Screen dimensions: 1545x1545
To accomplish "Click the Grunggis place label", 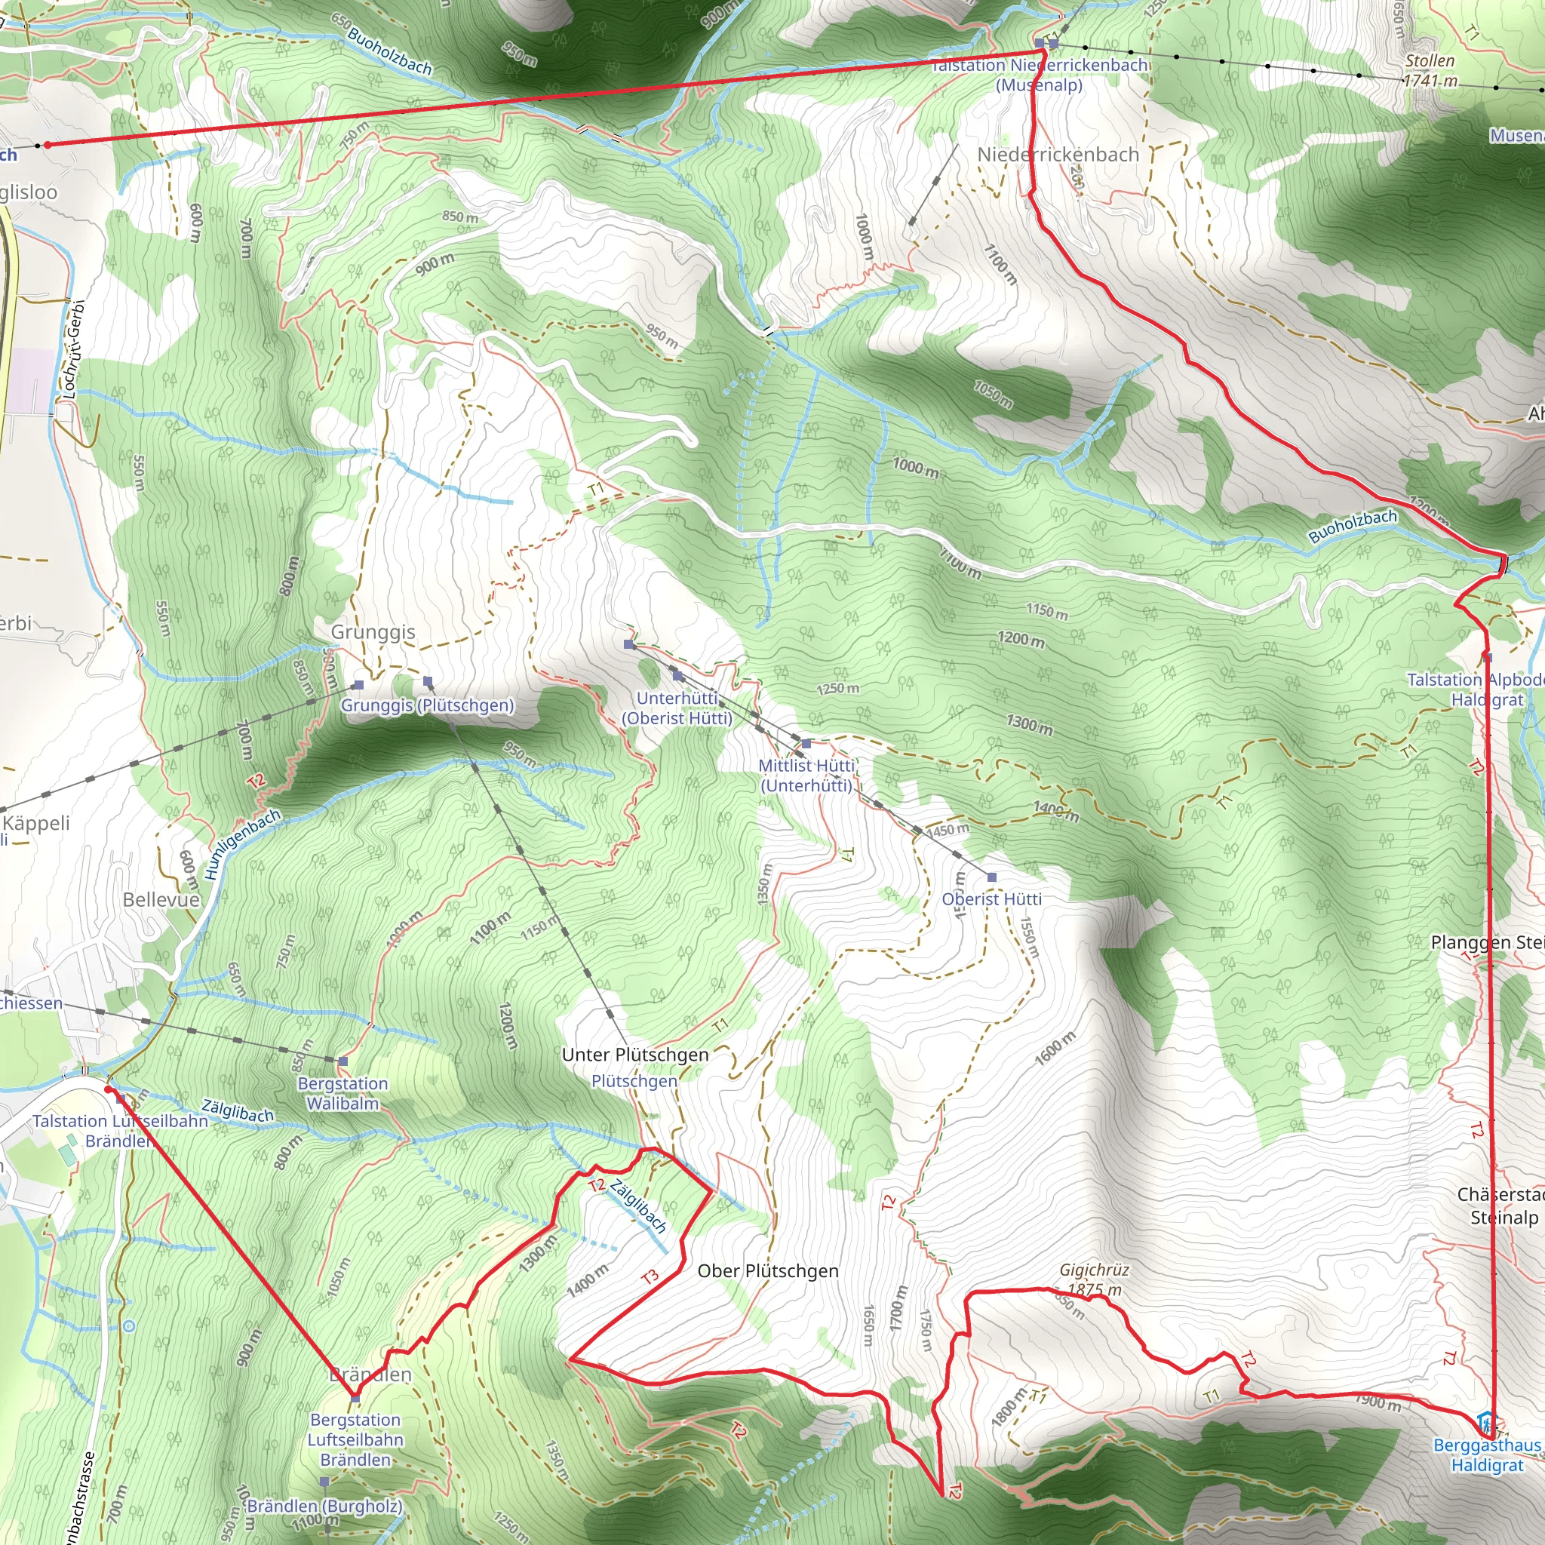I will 373,631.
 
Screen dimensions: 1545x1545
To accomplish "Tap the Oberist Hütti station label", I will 991,898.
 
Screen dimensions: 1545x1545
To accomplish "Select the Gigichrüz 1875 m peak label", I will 1094,1279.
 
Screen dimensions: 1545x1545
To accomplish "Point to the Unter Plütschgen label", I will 635,1055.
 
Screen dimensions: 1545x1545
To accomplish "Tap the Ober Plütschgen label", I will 768,1270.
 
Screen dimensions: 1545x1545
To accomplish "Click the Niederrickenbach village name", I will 1058,155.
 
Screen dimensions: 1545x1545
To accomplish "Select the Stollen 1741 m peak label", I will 1430,70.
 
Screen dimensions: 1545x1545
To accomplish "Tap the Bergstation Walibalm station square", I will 343,1061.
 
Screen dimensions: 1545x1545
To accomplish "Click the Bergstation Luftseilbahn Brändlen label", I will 355,1439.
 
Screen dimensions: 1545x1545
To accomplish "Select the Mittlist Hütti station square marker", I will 806,744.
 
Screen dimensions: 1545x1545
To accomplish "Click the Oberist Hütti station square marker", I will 991,877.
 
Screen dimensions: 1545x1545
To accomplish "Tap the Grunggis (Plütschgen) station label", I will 427,705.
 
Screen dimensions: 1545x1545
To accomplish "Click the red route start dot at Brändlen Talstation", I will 109,1089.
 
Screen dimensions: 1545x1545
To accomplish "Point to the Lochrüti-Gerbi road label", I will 72,349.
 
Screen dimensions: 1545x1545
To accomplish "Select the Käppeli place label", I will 37,823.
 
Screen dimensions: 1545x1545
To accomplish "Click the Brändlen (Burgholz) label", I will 324,1506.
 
